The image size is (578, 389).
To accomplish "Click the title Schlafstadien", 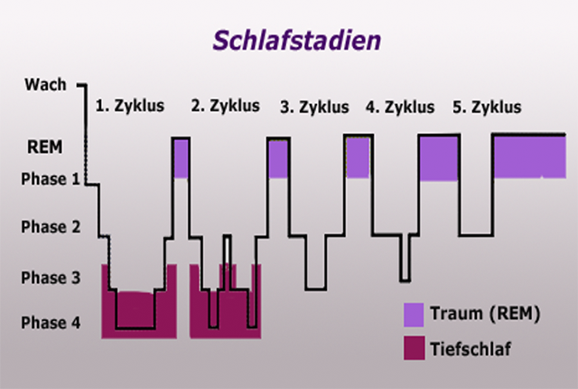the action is click(x=297, y=40).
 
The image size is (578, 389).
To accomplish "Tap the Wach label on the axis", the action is click(x=45, y=84).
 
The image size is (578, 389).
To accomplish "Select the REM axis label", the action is click(x=45, y=147).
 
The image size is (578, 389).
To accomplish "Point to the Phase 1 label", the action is click(x=51, y=179).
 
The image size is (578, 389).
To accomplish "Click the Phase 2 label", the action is click(x=51, y=226).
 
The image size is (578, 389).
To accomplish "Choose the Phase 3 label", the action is click(x=51, y=278).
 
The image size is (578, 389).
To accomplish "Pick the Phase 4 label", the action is click(x=51, y=323).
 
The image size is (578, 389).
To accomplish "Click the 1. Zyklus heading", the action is click(x=130, y=106).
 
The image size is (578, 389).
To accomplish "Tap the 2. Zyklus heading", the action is click(x=225, y=106).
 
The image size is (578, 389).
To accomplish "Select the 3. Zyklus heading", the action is click(x=314, y=107).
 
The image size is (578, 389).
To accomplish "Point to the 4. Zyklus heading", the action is click(x=400, y=107).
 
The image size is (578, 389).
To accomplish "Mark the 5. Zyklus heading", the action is click(x=487, y=107).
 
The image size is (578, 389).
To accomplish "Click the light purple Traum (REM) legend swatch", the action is click(x=414, y=315).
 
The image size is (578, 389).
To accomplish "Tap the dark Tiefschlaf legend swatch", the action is click(x=414, y=347).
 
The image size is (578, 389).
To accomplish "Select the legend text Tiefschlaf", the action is click(x=471, y=349).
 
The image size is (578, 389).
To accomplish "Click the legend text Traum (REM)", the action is click(x=485, y=314).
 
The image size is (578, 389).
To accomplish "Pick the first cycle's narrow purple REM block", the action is click(x=181, y=158).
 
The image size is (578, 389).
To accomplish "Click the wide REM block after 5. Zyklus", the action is click(x=530, y=157).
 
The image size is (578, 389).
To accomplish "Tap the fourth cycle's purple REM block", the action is click(x=439, y=158).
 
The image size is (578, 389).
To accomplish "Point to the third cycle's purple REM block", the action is click(x=358, y=157).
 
